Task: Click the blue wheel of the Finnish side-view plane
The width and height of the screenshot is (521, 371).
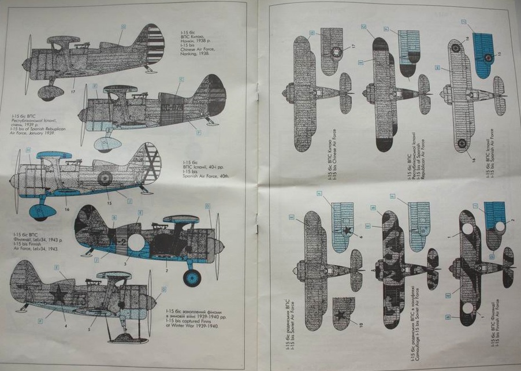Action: (x=192, y=277)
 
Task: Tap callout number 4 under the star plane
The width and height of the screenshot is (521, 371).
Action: (x=65, y=325)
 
